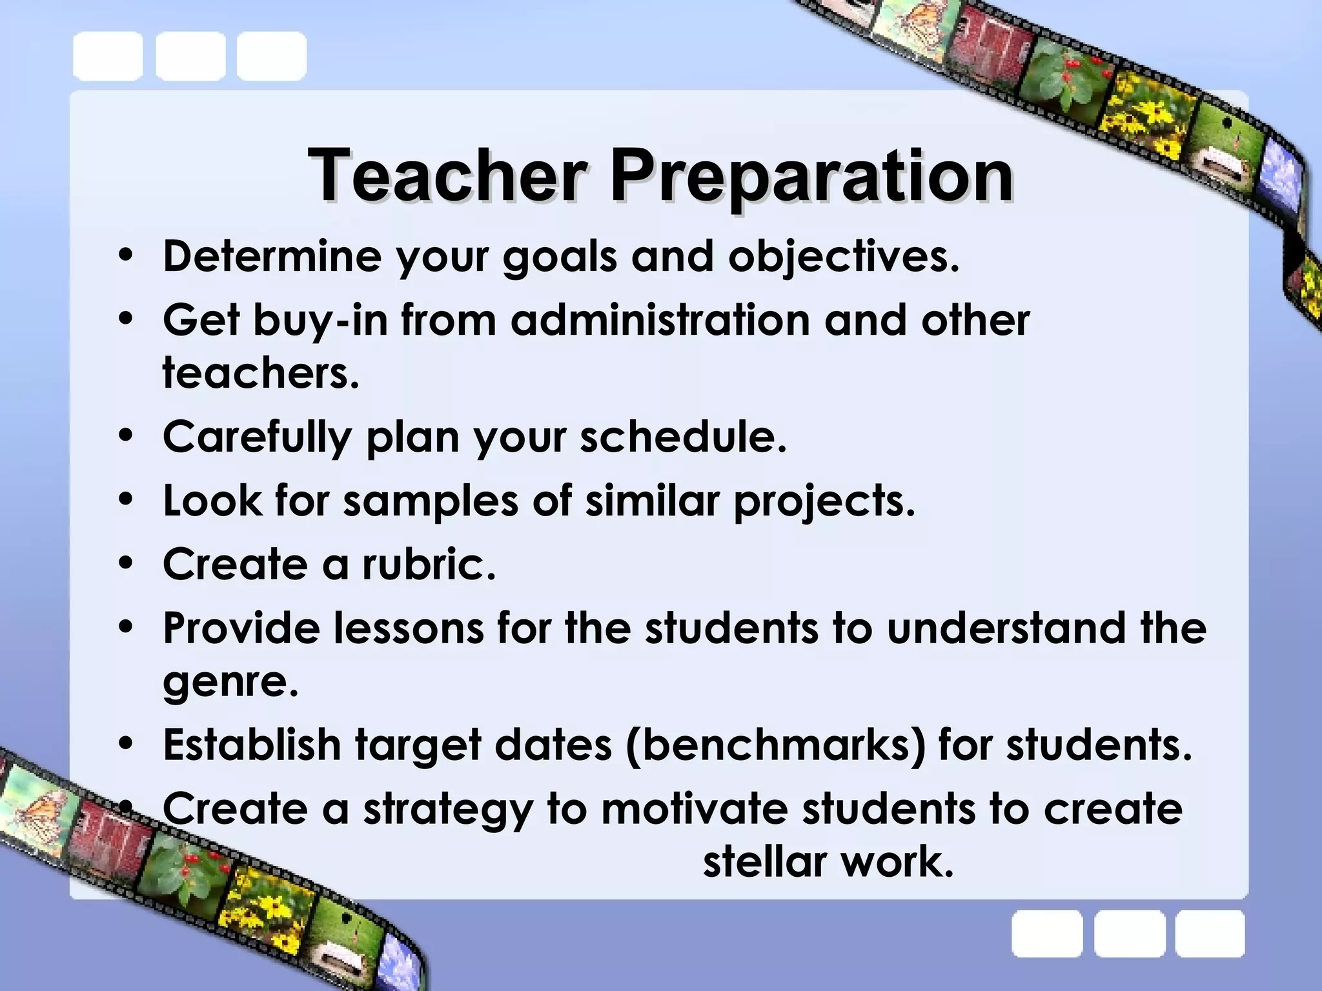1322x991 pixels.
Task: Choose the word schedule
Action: coord(683,436)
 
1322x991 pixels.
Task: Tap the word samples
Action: coord(430,501)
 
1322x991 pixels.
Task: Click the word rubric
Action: coord(429,563)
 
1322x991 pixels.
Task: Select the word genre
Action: coord(230,683)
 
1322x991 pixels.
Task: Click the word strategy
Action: coord(448,810)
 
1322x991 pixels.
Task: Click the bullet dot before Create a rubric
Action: coord(126,563)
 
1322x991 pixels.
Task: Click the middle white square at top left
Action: coord(190,57)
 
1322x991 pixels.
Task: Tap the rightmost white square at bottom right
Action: coord(1210,934)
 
